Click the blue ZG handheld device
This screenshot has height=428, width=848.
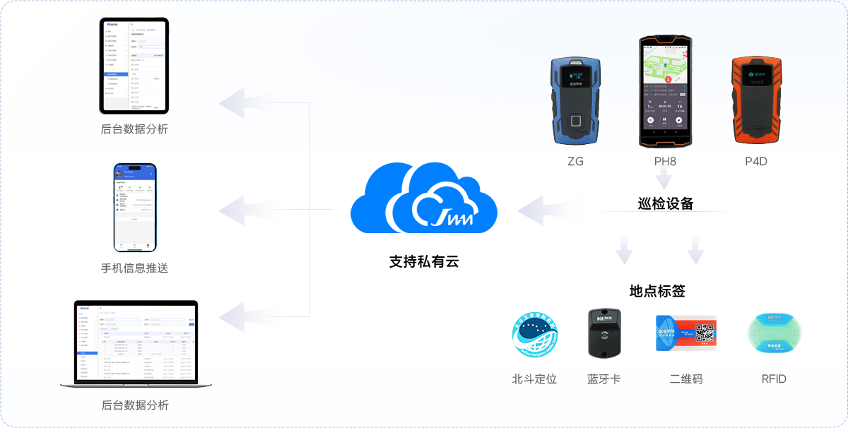click(x=575, y=100)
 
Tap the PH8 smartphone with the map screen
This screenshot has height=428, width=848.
click(x=665, y=92)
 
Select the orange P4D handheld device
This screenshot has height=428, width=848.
click(x=757, y=100)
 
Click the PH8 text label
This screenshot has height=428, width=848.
click(x=665, y=162)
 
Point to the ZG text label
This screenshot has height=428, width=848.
click(x=575, y=162)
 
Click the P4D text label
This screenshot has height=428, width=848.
click(x=757, y=162)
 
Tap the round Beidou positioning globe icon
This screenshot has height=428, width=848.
click(x=535, y=334)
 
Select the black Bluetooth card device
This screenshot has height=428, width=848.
click(x=604, y=333)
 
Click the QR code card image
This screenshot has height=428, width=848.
click(x=686, y=333)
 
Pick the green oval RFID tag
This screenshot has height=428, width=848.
click(x=774, y=333)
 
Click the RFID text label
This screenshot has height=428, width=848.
click(x=774, y=379)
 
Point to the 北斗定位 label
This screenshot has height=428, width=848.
click(x=534, y=379)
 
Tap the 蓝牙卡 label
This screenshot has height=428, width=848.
click(x=604, y=379)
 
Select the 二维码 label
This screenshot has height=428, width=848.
click(x=686, y=379)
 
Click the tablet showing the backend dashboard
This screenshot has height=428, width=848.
click(x=134, y=66)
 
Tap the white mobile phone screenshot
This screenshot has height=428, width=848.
click(x=135, y=208)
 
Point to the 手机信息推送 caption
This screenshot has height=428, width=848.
click(x=135, y=268)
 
